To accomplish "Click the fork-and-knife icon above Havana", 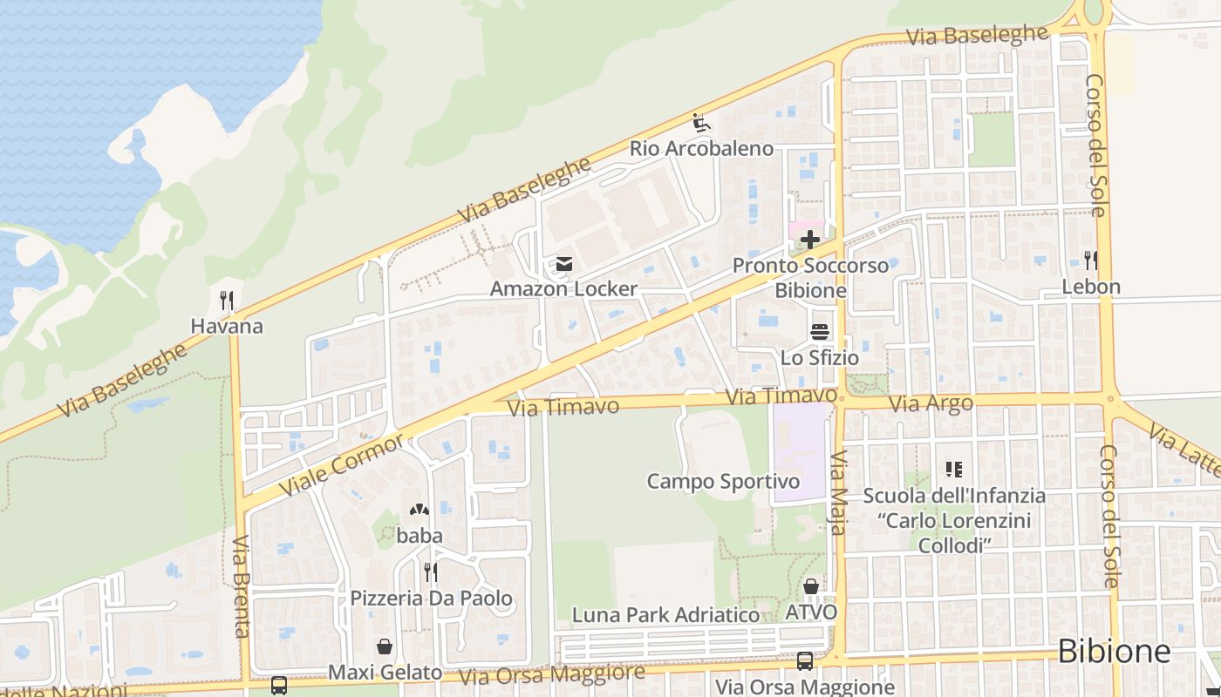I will pyautogui.click(x=227, y=301).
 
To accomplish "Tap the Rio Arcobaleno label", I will pyautogui.click(x=701, y=148).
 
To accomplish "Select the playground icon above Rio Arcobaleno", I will pyautogui.click(x=701, y=123).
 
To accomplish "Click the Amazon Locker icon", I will pyautogui.click(x=563, y=263).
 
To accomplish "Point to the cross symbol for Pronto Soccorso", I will pyautogui.click(x=810, y=240).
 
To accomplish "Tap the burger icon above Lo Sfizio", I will pyautogui.click(x=819, y=332).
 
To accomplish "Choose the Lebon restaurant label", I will pyautogui.click(x=1090, y=287).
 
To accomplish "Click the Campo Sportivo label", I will pyautogui.click(x=723, y=482).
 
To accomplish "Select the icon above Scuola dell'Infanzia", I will pyautogui.click(x=954, y=470).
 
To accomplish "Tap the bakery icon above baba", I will pyautogui.click(x=420, y=510).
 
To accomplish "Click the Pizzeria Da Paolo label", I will pyautogui.click(x=431, y=599).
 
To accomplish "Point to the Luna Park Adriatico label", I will pyautogui.click(x=665, y=614).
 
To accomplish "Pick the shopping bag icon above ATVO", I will pyautogui.click(x=811, y=586).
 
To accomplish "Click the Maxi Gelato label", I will pyautogui.click(x=385, y=673).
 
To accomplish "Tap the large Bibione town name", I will pyautogui.click(x=1114, y=652).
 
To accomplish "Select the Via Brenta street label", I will pyautogui.click(x=242, y=585).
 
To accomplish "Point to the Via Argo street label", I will pyautogui.click(x=931, y=403).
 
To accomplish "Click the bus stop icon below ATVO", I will pyautogui.click(x=805, y=661).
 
